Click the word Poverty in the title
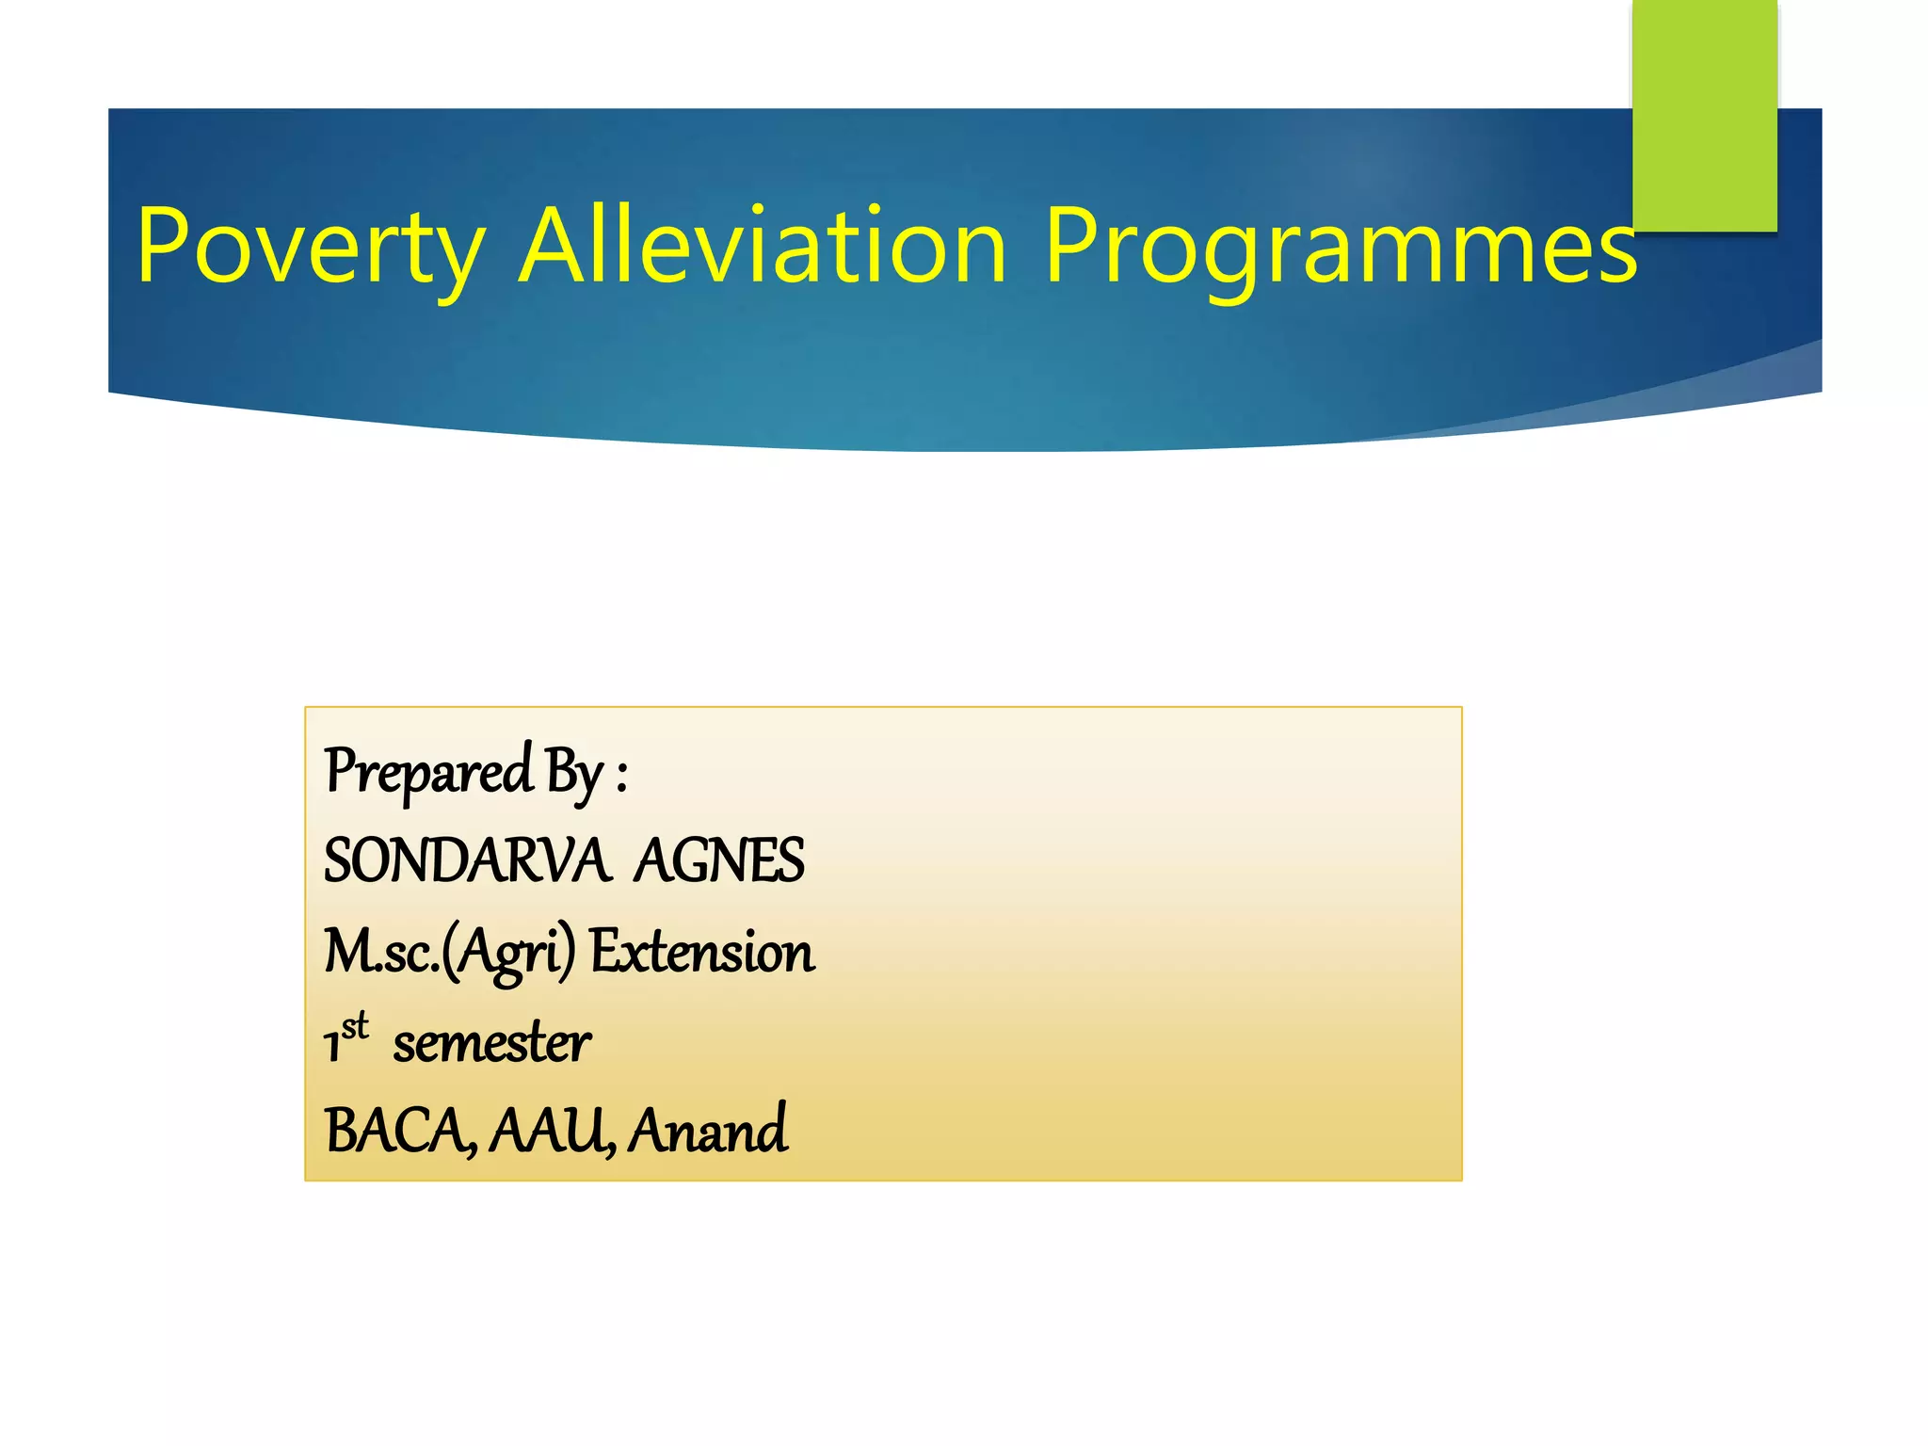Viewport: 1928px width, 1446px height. tap(311, 247)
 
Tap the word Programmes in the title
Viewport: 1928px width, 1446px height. tap(1341, 247)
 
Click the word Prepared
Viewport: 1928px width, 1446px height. tap(429, 772)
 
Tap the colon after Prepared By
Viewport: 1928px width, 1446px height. tap(622, 778)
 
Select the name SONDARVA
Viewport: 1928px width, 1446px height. tap(467, 860)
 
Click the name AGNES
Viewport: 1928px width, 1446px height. tap(719, 860)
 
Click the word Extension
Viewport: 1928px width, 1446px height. tap(702, 951)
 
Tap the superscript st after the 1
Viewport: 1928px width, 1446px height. tap(355, 1026)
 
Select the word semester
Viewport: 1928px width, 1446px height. tap(491, 1043)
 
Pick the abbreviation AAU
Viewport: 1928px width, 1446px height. tap(552, 1130)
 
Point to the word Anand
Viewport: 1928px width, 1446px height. tap(708, 1130)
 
